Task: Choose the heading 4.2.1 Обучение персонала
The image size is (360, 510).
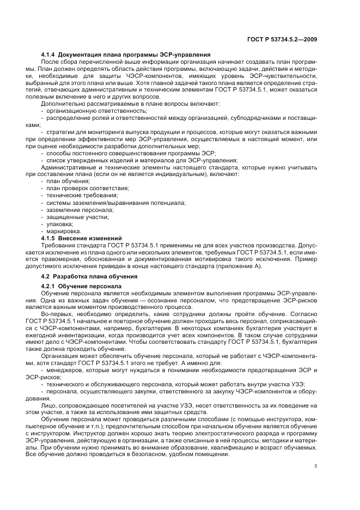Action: point(78,286)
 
